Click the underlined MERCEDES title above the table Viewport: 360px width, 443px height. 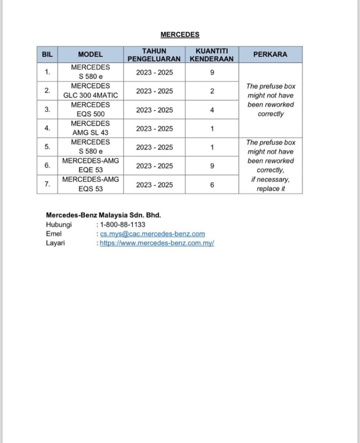pos(180,35)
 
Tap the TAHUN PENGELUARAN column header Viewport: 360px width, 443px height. pos(154,55)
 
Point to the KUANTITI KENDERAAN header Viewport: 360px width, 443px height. pos(212,55)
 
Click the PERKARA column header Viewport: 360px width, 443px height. pos(270,55)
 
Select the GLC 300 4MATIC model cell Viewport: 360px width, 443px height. pos(90,91)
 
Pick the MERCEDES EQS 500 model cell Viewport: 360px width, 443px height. pos(90,109)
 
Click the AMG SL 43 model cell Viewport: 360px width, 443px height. pos(90,128)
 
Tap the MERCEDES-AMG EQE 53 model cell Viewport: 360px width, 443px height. pos(90,165)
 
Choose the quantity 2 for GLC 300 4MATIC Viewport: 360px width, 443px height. pos(212,91)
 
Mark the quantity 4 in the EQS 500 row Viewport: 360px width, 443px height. pos(212,110)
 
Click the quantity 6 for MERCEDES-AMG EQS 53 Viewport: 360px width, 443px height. pos(212,184)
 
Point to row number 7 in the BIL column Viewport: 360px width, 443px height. pos(47,184)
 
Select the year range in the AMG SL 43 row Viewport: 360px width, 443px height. pos(154,128)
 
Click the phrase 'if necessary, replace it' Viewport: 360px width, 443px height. pos(271,184)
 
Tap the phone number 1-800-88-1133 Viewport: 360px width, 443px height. pos(123,225)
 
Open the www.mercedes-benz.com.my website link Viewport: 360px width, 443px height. pos(157,243)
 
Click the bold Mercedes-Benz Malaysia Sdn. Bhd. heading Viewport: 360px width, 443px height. pos(103,215)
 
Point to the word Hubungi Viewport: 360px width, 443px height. pos(59,225)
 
